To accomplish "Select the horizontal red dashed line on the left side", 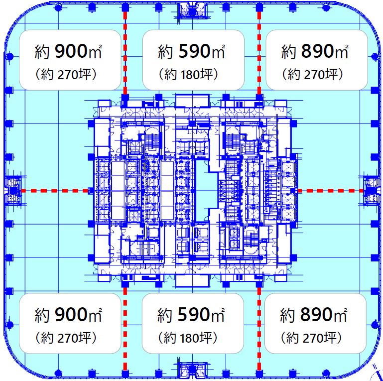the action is click(55, 191).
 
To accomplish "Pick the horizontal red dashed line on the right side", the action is click(330, 191).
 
